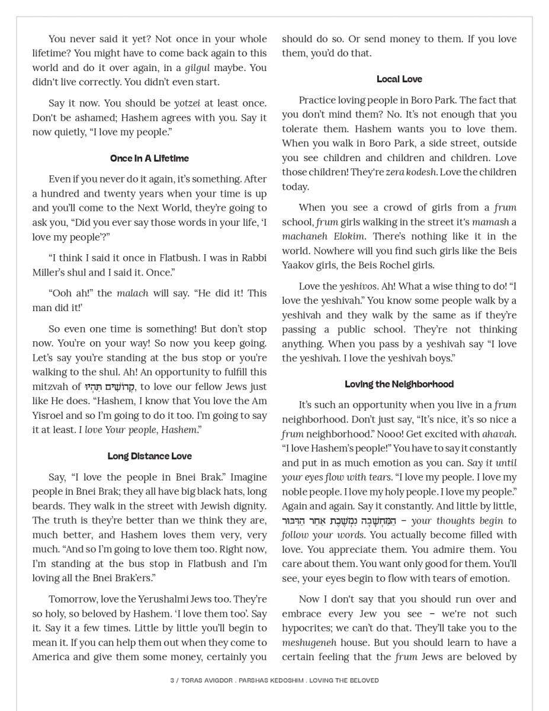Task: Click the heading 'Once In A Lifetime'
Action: pyautogui.click(x=149, y=158)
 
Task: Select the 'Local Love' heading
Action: pyautogui.click(x=399, y=79)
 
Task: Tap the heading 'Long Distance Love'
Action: pyautogui.click(x=149, y=456)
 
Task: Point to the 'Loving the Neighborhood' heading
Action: pyautogui.click(x=399, y=384)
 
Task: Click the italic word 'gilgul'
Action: pyautogui.click(x=197, y=68)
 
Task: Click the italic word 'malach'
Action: pyautogui.click(x=133, y=293)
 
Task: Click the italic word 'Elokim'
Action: pyautogui.click(x=346, y=236)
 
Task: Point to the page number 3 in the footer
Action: pyautogui.click(x=172, y=680)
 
